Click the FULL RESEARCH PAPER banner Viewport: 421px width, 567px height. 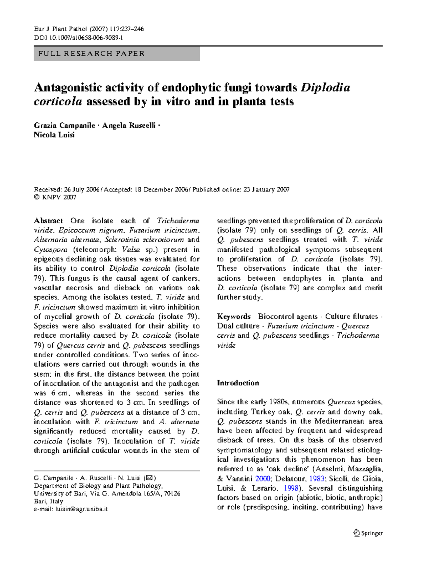[116, 54]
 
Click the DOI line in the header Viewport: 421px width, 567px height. [78, 38]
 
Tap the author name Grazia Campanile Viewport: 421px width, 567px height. [65, 126]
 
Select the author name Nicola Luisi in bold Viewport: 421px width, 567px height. [54, 135]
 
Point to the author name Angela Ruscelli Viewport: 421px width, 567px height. [129, 126]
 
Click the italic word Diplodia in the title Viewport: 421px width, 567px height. [325, 87]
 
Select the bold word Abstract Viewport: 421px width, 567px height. [48, 221]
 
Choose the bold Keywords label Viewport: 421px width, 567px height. [234, 316]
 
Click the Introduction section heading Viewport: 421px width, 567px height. [238, 383]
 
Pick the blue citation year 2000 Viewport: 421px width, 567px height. [262, 479]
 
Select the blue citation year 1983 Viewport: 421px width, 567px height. [316, 479]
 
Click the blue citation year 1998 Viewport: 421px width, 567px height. [291, 488]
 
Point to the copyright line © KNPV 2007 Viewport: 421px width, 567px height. [55, 197]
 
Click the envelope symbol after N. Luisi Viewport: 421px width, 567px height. [149, 478]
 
